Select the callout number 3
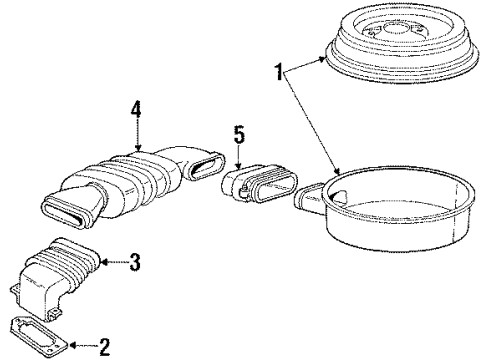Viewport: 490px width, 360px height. click(x=136, y=263)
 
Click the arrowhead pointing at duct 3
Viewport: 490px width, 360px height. click(x=105, y=263)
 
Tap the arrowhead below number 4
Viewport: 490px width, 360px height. click(x=142, y=151)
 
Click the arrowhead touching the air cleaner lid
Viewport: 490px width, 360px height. click(x=327, y=59)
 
